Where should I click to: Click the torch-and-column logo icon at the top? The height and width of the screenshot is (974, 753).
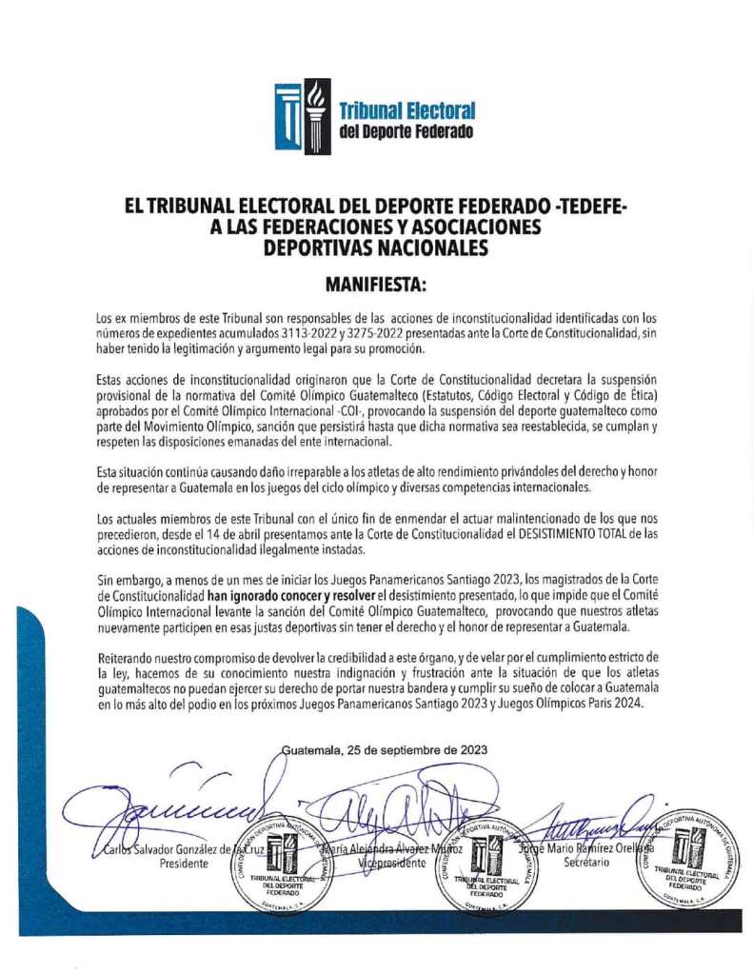pyautogui.click(x=303, y=111)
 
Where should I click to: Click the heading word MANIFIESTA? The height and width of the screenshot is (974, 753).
pyautogui.click(x=376, y=284)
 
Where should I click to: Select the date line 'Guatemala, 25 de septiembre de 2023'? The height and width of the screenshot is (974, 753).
pyautogui.click(x=385, y=749)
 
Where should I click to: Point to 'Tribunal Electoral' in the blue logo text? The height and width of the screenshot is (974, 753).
pyautogui.click(x=407, y=111)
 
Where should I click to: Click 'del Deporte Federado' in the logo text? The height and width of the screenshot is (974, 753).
pyautogui.click(x=406, y=131)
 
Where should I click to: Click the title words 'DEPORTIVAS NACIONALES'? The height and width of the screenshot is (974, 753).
pyautogui.click(x=376, y=248)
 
